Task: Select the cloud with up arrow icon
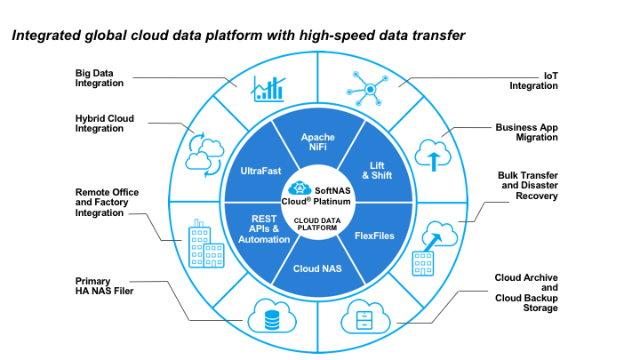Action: point(433,155)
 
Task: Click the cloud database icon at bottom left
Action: point(270,316)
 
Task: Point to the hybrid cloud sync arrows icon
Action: point(204,150)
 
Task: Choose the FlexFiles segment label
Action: point(374,236)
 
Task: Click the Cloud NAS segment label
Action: point(317,267)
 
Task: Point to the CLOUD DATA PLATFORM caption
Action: point(317,224)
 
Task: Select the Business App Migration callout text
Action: point(532,132)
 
